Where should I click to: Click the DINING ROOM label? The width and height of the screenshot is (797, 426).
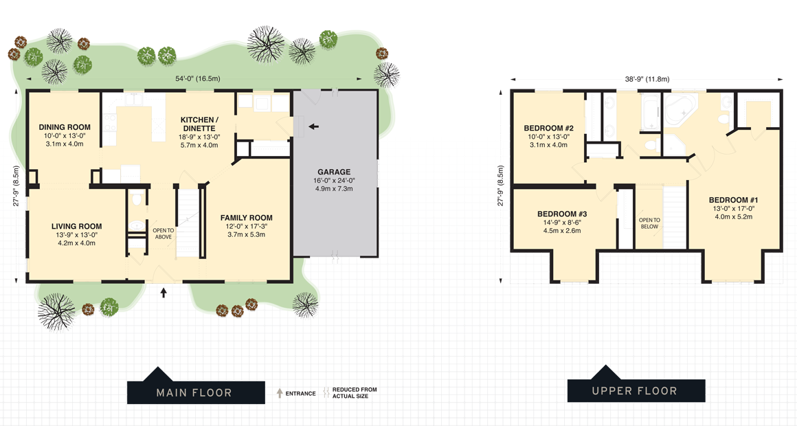pyautogui.click(x=65, y=127)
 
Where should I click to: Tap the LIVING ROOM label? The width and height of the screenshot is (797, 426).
pyautogui.click(x=76, y=226)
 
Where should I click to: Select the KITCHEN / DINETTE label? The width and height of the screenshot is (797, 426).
pyautogui.click(x=199, y=124)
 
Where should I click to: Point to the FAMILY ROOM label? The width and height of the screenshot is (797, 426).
pyautogui.click(x=247, y=218)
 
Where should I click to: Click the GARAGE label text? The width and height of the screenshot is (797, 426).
pyautogui.click(x=334, y=172)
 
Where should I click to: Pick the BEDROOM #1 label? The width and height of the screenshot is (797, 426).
pyautogui.click(x=733, y=200)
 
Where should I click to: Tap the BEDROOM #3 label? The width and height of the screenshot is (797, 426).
pyautogui.click(x=562, y=214)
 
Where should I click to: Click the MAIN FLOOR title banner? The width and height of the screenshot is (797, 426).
pyautogui.click(x=195, y=392)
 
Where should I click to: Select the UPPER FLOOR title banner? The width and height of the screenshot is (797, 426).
pyautogui.click(x=636, y=391)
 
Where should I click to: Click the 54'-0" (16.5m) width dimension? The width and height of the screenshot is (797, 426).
pyautogui.click(x=198, y=79)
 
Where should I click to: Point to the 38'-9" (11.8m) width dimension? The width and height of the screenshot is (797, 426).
pyautogui.click(x=647, y=79)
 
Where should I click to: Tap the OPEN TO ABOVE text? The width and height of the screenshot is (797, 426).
pyautogui.click(x=163, y=234)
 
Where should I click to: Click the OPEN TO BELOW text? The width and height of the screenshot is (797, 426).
pyautogui.click(x=649, y=223)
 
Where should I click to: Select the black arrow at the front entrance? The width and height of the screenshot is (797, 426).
pyautogui.click(x=164, y=293)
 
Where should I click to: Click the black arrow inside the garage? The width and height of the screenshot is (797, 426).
pyautogui.click(x=313, y=126)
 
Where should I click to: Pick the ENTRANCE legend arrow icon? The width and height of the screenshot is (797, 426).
pyautogui.click(x=280, y=394)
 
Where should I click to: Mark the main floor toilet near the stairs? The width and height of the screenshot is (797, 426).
pyautogui.click(x=136, y=200)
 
